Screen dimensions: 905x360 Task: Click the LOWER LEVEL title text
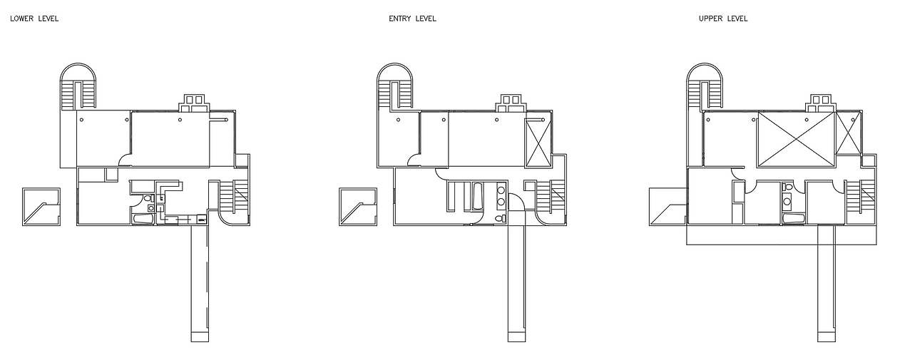click(x=34, y=19)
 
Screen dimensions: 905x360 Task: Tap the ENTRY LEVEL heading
click(x=412, y=19)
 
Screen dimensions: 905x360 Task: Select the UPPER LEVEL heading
click(x=723, y=19)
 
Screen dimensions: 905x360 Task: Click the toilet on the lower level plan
click(x=148, y=198)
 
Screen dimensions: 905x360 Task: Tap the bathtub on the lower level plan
click(x=143, y=220)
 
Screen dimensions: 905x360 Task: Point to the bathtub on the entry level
click(x=477, y=196)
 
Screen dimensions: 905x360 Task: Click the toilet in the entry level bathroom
click(x=501, y=219)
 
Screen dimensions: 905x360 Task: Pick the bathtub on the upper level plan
click(x=793, y=220)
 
